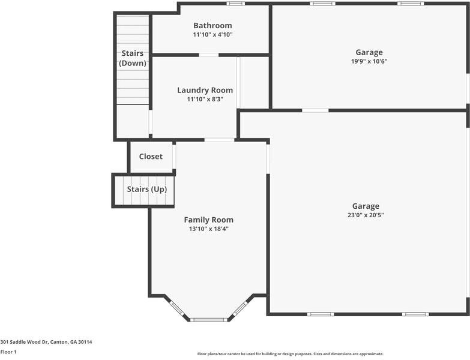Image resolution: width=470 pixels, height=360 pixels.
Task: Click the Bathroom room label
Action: pos(212,25)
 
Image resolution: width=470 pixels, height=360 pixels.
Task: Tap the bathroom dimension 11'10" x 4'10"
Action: pos(212,35)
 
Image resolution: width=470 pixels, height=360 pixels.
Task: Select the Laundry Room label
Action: pos(205,90)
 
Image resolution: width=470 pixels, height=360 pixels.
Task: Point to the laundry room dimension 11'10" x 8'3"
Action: pos(205,100)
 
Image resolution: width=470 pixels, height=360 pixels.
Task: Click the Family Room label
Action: pos(208,220)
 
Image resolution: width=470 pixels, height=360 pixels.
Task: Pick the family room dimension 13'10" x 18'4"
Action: pos(208,229)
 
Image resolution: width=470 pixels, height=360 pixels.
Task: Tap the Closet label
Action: pos(151,157)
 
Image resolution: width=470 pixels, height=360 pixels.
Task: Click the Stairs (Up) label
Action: pos(146,190)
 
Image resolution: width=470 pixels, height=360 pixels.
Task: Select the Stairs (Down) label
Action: pos(132,58)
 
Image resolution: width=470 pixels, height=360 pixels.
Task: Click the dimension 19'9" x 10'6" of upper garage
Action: pos(369,61)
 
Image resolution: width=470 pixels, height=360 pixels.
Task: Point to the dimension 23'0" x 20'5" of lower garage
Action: pos(366,215)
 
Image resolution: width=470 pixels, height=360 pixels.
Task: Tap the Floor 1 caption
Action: pos(8,352)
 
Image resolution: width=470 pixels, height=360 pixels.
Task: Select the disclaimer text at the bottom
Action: pos(290,354)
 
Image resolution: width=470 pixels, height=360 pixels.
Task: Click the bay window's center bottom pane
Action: pos(209,319)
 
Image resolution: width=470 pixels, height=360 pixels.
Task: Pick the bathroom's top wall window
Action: pos(235,4)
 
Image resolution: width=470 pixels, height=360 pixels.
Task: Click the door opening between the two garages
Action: pos(315,110)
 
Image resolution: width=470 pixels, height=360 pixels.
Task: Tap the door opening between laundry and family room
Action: pos(219,140)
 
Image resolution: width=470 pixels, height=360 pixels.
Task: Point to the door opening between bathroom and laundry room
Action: pos(209,55)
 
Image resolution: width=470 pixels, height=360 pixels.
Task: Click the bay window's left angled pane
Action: pos(177,308)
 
